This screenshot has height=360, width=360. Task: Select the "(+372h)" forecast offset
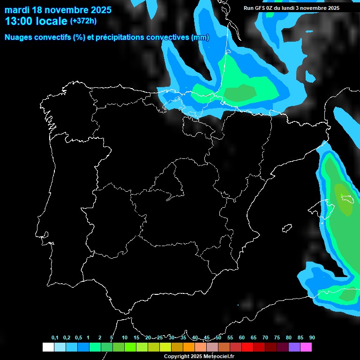coord(83,21)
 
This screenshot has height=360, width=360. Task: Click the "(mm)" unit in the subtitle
coord(200,37)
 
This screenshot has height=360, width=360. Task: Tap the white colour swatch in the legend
coord(48,347)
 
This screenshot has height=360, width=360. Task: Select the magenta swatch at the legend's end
coord(306,347)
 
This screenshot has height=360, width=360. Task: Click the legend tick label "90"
coord(312,338)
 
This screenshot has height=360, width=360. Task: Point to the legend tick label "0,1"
coord(55,338)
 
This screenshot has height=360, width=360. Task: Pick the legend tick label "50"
coord(218,338)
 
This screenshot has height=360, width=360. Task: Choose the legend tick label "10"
coord(124,338)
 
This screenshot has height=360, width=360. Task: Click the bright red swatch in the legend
coord(247,347)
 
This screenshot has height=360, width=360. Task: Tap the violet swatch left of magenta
coord(294,347)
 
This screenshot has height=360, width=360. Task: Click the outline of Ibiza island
coord(287,228)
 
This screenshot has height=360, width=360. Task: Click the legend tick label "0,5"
coord(78,338)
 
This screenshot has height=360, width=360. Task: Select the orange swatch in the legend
coord(188,347)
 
